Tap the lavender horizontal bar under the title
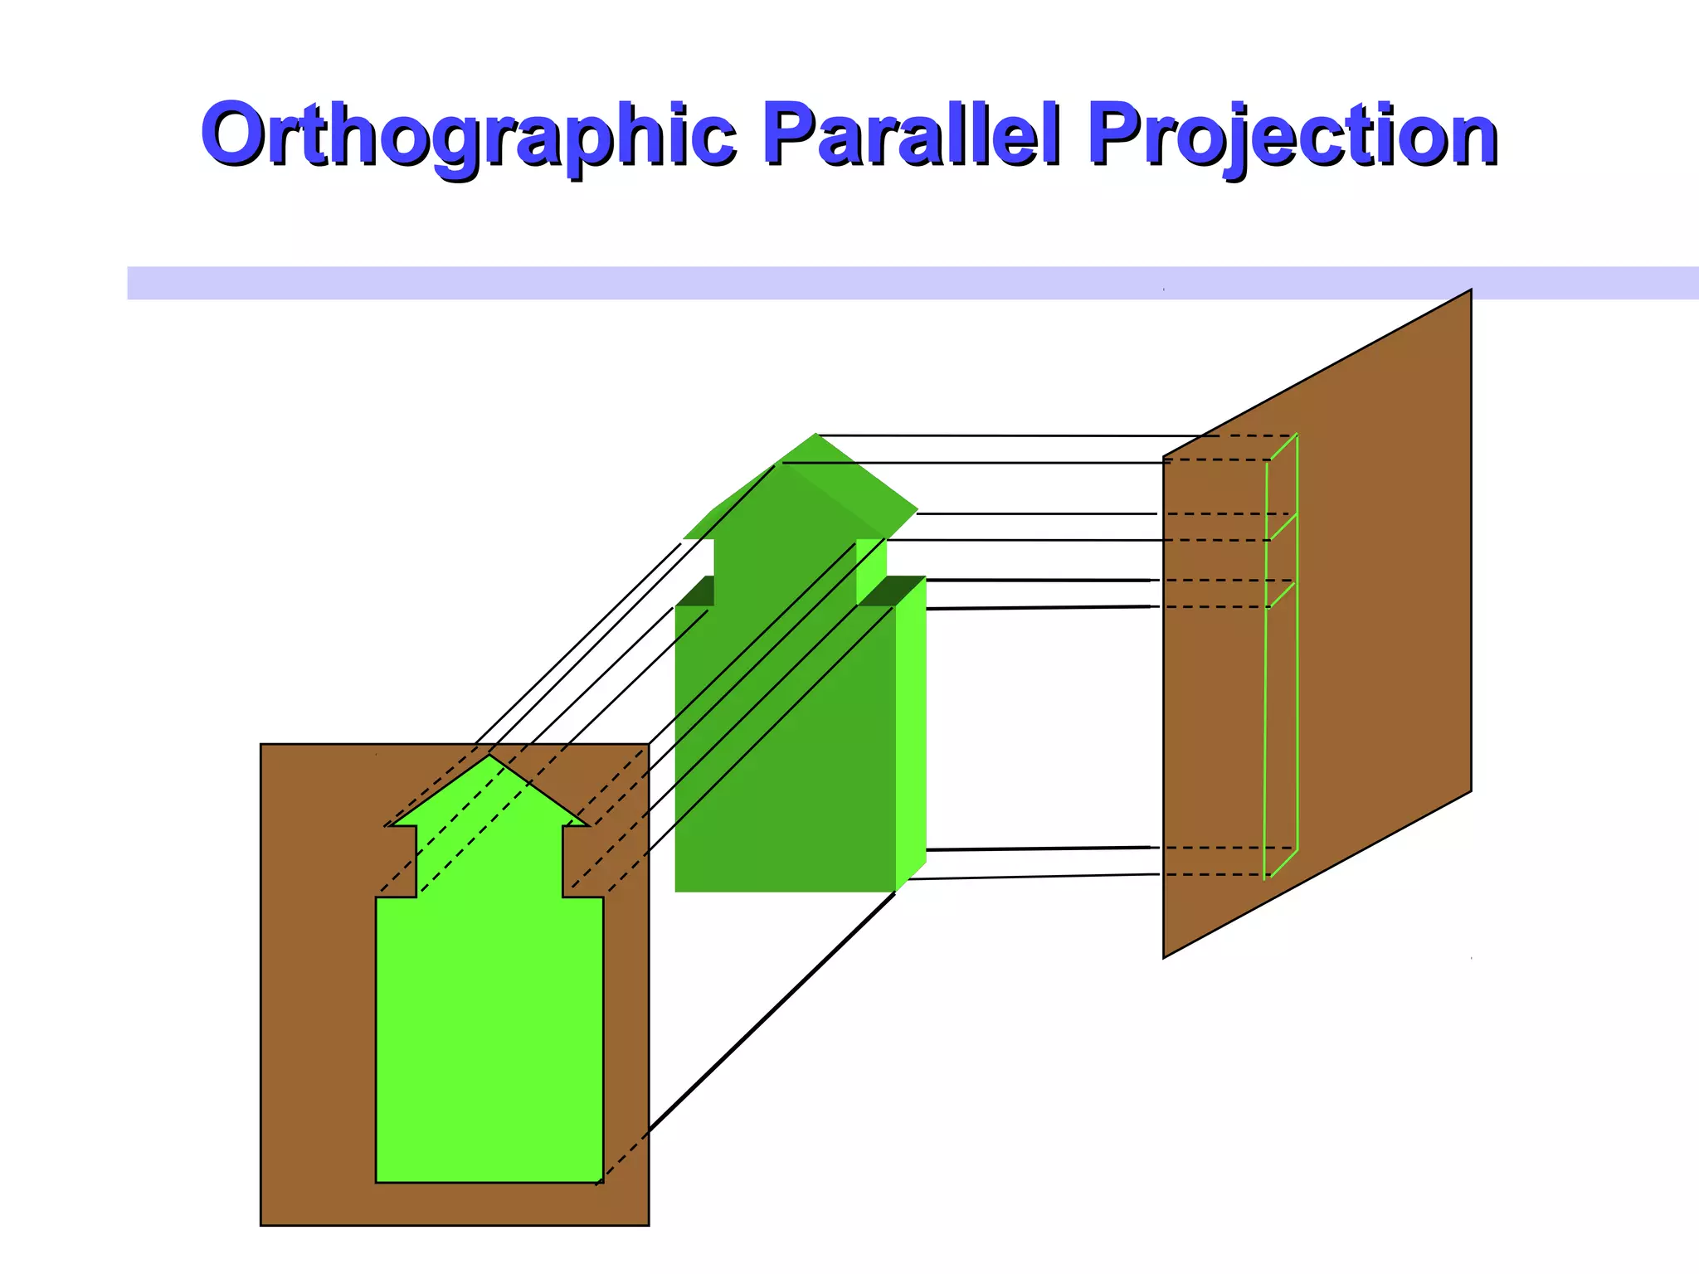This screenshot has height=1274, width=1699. click(664, 283)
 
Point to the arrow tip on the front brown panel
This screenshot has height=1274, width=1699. click(489, 756)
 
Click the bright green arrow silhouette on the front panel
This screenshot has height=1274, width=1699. click(489, 1037)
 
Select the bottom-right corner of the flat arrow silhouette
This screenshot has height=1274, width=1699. click(602, 1181)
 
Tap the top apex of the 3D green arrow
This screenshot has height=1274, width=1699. click(816, 435)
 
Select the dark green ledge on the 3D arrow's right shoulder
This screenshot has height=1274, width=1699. click(893, 591)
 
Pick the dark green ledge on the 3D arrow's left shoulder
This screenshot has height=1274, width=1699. click(697, 591)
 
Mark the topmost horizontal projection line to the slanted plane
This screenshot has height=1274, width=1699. click(996, 435)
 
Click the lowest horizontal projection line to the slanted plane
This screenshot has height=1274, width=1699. click(1037, 877)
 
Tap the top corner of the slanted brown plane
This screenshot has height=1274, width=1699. click(1470, 291)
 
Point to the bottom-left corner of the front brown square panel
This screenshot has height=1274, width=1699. click(262, 1224)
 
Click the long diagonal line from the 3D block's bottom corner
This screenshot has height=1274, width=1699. click(772, 1012)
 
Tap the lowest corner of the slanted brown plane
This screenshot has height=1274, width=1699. click(1164, 957)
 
